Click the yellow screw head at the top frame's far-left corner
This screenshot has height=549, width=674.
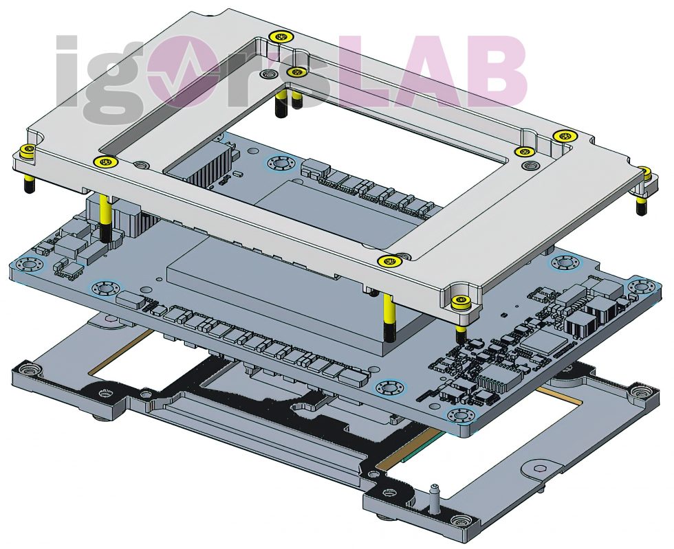pos(28,150)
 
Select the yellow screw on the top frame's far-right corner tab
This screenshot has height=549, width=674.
pos(644,170)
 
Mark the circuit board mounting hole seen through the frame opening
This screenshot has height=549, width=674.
pos(281,164)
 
